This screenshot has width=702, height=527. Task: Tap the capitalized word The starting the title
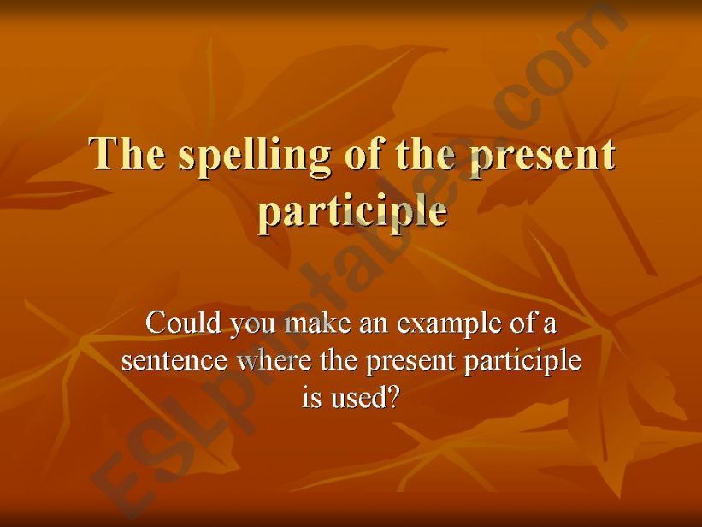[128, 155]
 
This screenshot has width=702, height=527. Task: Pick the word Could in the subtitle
[180, 324]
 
